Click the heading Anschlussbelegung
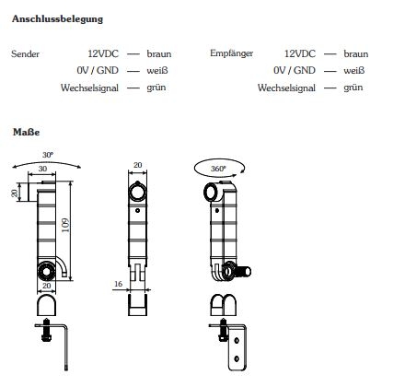click(x=57, y=18)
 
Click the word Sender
click(x=25, y=54)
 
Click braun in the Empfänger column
click(x=355, y=54)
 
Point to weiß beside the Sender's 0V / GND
click(x=156, y=71)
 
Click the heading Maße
click(x=26, y=132)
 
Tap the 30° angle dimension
click(x=48, y=154)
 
